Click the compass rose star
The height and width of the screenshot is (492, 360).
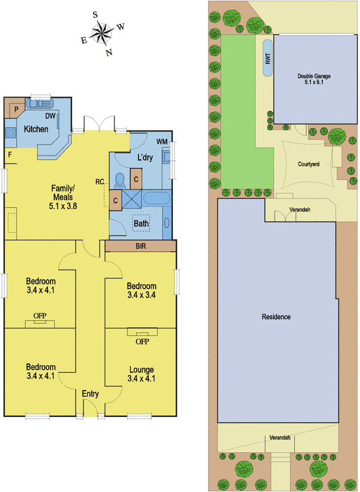[x=102, y=32]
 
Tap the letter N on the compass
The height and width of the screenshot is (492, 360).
[x=109, y=52]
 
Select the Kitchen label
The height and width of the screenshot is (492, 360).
[x=36, y=129]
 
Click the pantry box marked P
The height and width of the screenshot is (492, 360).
[x=16, y=109]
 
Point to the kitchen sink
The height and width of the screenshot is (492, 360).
[x=40, y=103]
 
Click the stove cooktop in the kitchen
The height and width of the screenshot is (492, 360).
[x=10, y=133]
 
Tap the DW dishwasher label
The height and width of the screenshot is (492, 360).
[x=50, y=116]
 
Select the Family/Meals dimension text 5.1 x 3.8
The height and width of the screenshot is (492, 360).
[x=63, y=206]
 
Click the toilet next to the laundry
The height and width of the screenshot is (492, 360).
[x=119, y=180]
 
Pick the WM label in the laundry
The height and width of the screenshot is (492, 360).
[x=162, y=142]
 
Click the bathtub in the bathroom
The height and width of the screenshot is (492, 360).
[x=157, y=198]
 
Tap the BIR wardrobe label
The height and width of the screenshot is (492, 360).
[x=141, y=246]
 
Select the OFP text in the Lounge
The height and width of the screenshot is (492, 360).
[x=142, y=341]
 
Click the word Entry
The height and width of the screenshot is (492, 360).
[x=90, y=394]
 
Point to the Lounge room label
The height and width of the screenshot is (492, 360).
[x=142, y=370]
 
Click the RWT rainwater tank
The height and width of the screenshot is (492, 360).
[x=268, y=58]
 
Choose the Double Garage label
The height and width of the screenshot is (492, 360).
[x=314, y=76]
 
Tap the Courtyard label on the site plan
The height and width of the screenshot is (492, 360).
[x=309, y=164]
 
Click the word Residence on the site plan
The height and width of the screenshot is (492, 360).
[x=276, y=317]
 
